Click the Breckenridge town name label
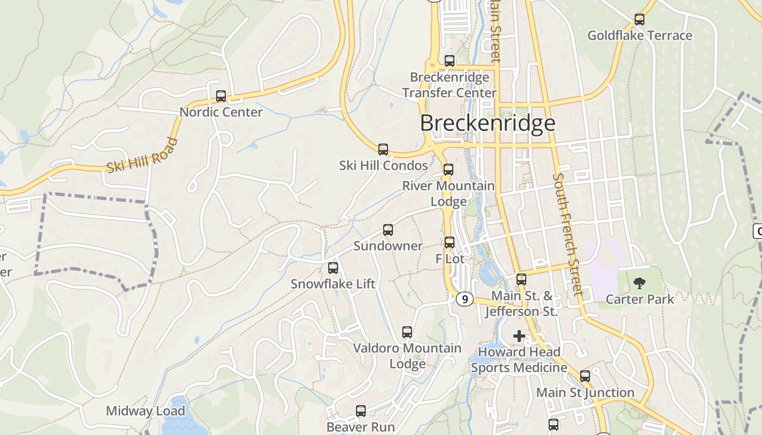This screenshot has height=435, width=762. pyautogui.click(x=488, y=123)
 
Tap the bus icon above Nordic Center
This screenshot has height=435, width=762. pyautogui.click(x=221, y=96)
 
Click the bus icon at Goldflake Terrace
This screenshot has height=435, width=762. pyautogui.click(x=640, y=20)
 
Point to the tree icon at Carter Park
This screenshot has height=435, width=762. pyautogui.click(x=640, y=283)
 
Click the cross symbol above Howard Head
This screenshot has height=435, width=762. pyautogui.click(x=519, y=336)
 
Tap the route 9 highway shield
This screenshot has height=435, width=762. pyautogui.click(x=464, y=299)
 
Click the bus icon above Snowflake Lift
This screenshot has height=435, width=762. pyautogui.click(x=333, y=268)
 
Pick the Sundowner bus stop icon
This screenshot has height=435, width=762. pyautogui.click(x=388, y=230)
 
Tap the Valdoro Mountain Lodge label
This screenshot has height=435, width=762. pyautogui.click(x=407, y=356)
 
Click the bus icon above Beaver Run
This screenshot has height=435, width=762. pyautogui.click(x=361, y=411)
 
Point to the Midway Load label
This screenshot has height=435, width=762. pyautogui.click(x=145, y=411)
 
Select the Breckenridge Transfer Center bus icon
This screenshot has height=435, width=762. pyautogui.click(x=450, y=61)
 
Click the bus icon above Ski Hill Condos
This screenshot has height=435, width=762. pyautogui.click(x=383, y=149)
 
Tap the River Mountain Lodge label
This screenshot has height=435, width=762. pyautogui.click(x=448, y=193)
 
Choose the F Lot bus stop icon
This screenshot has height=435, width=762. pyautogui.click(x=450, y=243)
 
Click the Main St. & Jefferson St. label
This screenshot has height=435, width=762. pyautogui.click(x=521, y=303)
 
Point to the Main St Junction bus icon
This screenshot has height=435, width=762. pyautogui.click(x=585, y=376)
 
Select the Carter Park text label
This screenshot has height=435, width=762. pyautogui.click(x=640, y=299)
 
